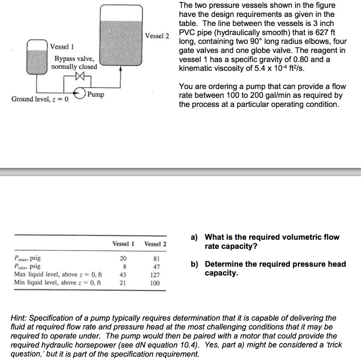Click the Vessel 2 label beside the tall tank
coord(157,36)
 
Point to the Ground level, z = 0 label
coord(41,99)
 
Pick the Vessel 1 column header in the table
coord(123,244)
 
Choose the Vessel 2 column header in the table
coord(155,244)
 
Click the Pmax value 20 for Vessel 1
coord(123,258)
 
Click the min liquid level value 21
coord(123,283)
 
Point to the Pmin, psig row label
coord(27,267)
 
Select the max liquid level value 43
coord(123,275)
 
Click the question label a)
coord(194,237)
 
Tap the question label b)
coord(194,264)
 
